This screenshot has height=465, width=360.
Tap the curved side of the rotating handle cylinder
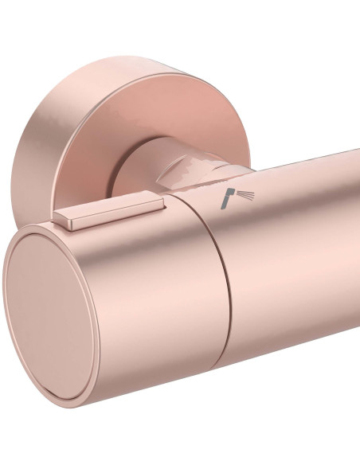(x=159, y=287)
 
